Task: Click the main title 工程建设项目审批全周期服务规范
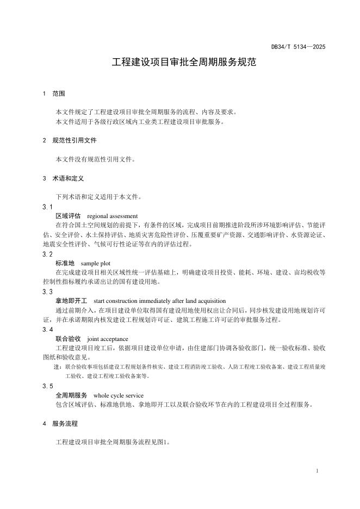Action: [180, 63]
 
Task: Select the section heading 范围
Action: [59, 94]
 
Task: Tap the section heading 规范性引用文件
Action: [74, 140]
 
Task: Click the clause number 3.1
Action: [48, 207]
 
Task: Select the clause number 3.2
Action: [48, 254]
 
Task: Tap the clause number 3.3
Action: [48, 292]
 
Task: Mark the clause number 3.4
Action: [48, 330]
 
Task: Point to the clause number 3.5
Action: [48, 386]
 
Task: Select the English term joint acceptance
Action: [107, 339]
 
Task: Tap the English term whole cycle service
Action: [119, 395]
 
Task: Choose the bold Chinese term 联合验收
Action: [68, 339]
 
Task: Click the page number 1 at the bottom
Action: [316, 470]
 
